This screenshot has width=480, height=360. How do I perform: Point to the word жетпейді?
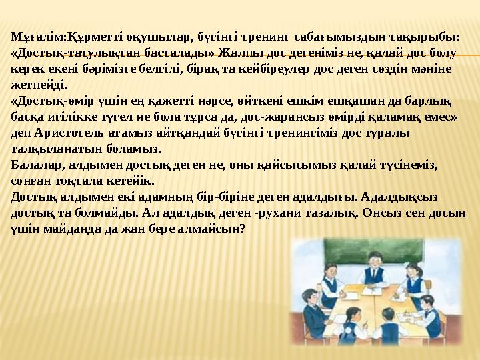[39, 85]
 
